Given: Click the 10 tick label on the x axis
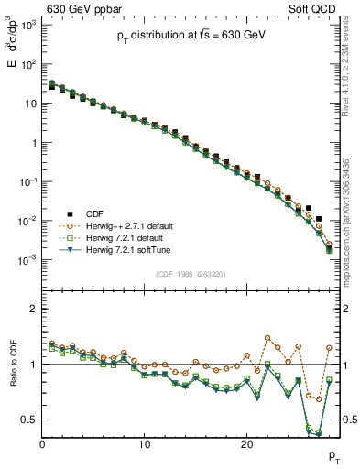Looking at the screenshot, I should click(144, 443).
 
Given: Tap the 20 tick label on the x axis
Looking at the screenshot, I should click(245, 443).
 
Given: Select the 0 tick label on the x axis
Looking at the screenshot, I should click(42, 443).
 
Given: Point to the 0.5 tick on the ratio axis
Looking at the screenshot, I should click(29, 420).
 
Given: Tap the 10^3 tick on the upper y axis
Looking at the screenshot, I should click(27, 25).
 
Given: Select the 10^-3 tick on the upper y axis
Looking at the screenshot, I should click(27, 260).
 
